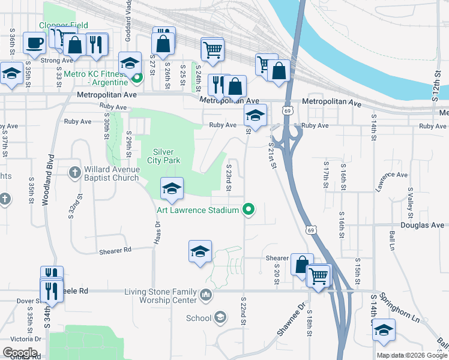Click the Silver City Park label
pyautogui.click(x=163, y=156)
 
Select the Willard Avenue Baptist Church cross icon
pyautogui.click(x=74, y=173)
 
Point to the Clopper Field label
pyautogui.click(x=64, y=25)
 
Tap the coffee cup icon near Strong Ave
pyautogui.click(x=34, y=43)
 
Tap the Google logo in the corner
pyautogui.click(x=20, y=353)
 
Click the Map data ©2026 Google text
pyautogui.click(x=411, y=355)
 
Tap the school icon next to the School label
pyautogui.click(x=220, y=317)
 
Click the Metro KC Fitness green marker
pyautogui.click(x=137, y=77)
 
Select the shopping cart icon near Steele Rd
pyautogui.click(x=319, y=276)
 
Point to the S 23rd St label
pyautogui.click(x=228, y=177)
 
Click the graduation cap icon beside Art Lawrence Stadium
pyautogui.click(x=172, y=189)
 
